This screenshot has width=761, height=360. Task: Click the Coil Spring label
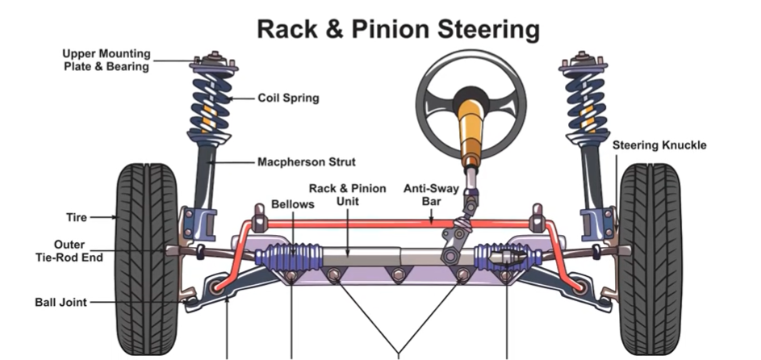(288, 98)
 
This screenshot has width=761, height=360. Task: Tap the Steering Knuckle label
(659, 146)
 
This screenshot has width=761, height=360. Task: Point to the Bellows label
(292, 205)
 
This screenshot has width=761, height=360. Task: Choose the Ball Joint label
(61, 303)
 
